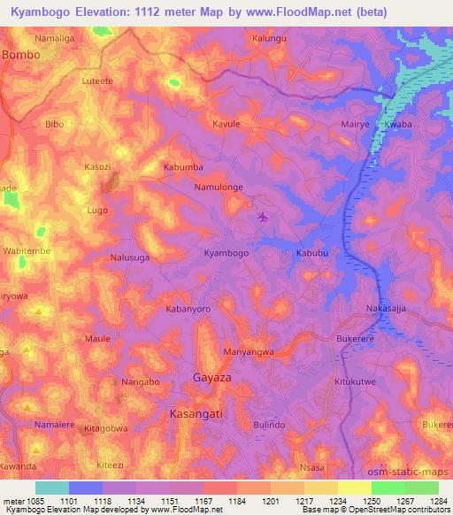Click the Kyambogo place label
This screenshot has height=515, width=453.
click(226, 252)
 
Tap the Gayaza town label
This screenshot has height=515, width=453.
click(213, 378)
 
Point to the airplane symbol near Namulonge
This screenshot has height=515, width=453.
click(261, 216)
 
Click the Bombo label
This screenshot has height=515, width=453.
click(22, 54)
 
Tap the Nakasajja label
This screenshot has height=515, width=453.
click(387, 309)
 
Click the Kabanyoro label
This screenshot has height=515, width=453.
click(188, 310)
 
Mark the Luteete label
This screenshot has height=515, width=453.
click(97, 80)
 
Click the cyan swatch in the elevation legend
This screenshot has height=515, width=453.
click(52, 488)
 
